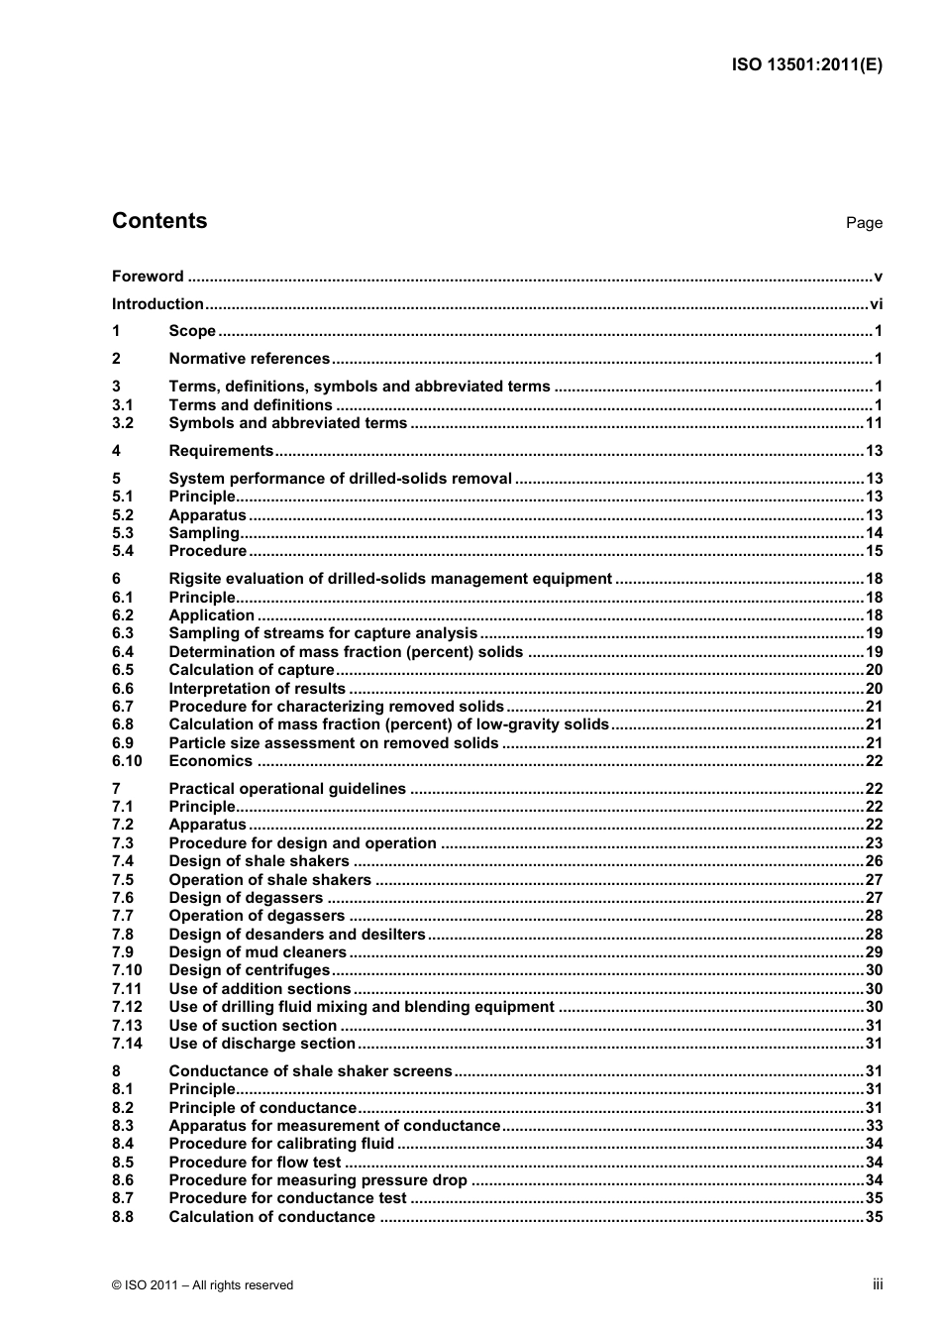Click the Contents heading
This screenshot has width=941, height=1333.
click(159, 221)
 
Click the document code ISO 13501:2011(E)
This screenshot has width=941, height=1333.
click(806, 65)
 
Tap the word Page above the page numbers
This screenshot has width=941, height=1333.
click(864, 223)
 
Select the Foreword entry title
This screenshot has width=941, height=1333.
click(148, 277)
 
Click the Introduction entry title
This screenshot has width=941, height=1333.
click(157, 304)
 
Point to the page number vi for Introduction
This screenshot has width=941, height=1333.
click(876, 304)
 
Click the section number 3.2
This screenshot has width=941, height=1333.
click(123, 423)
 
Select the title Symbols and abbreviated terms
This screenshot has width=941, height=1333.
click(287, 423)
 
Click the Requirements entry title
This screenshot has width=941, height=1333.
click(221, 451)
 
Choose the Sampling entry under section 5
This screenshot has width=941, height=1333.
click(204, 533)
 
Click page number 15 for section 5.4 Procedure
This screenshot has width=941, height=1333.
click(874, 551)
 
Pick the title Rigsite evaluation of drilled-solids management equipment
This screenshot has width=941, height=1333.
click(390, 579)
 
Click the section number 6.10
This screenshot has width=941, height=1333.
click(127, 761)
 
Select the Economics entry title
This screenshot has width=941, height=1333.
click(211, 761)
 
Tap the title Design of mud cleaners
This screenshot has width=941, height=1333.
click(258, 952)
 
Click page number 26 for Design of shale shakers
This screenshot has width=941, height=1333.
click(874, 861)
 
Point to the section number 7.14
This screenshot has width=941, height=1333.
click(127, 1044)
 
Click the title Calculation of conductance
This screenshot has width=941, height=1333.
click(272, 1217)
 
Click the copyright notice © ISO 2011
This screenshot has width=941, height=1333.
click(203, 1285)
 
